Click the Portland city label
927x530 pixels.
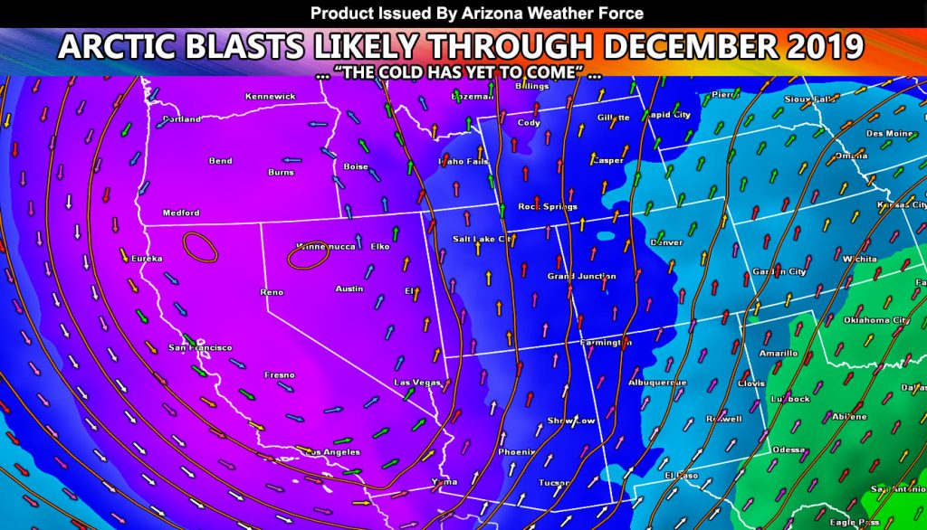(x=182, y=119)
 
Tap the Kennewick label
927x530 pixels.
(x=270, y=97)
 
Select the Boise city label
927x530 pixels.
(x=356, y=166)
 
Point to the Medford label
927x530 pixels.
(x=180, y=213)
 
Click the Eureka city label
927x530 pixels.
(x=147, y=259)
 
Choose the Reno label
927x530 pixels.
(x=271, y=292)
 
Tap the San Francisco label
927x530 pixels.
(x=200, y=347)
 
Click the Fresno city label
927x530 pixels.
(x=278, y=374)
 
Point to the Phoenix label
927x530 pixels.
(x=516, y=451)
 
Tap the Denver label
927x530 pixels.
(x=666, y=242)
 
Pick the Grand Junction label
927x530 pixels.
(x=581, y=276)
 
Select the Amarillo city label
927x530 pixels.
(x=778, y=353)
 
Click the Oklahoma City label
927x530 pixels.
(x=875, y=320)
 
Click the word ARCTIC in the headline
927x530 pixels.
(x=135, y=45)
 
